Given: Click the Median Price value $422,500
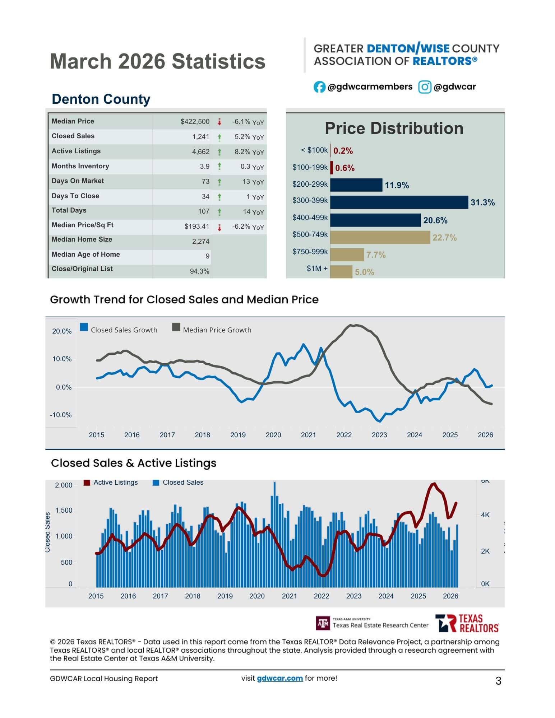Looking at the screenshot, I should (195, 122).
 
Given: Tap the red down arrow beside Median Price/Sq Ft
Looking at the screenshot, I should (219, 227).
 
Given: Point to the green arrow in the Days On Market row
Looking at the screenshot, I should (219, 182).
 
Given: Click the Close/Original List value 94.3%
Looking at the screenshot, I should (199, 271).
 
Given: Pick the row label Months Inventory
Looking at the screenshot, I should (80, 166).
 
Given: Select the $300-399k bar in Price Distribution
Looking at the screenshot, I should (399, 202).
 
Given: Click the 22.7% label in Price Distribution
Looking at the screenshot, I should (444, 238).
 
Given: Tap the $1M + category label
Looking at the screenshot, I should (317, 269).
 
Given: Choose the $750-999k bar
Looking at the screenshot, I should (347, 255).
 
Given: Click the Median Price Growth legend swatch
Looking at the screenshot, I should (176, 327).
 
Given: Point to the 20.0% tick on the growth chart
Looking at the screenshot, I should (62, 331).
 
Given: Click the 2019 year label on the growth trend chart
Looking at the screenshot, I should (238, 435).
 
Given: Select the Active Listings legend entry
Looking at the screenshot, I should (111, 482).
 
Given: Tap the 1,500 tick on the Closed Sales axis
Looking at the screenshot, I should (64, 510).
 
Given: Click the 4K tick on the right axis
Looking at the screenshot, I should (485, 515).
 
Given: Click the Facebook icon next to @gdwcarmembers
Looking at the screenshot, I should (319, 87).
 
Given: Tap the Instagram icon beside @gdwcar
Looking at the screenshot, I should (425, 87).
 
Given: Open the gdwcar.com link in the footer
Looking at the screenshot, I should (279, 678).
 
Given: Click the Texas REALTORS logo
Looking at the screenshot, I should (467, 623).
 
